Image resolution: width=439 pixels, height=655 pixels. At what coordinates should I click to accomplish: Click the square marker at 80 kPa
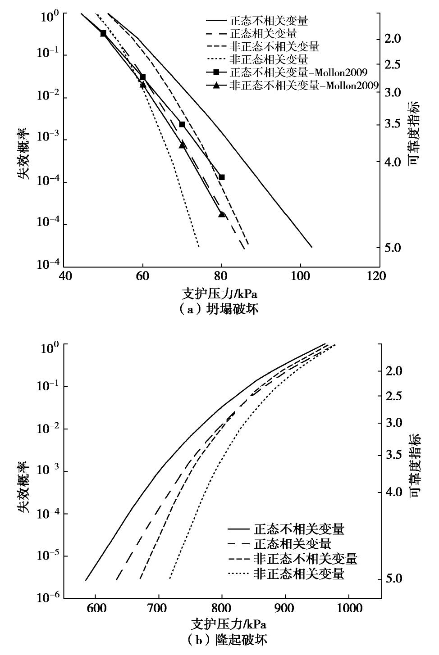pos(221,177)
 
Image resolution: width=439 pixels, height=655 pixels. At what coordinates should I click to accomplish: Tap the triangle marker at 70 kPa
pos(182,145)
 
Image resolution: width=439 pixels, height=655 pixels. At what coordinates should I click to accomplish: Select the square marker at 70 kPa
pos(182,124)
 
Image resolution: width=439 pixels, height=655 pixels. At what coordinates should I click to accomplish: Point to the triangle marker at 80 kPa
pos(221,214)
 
